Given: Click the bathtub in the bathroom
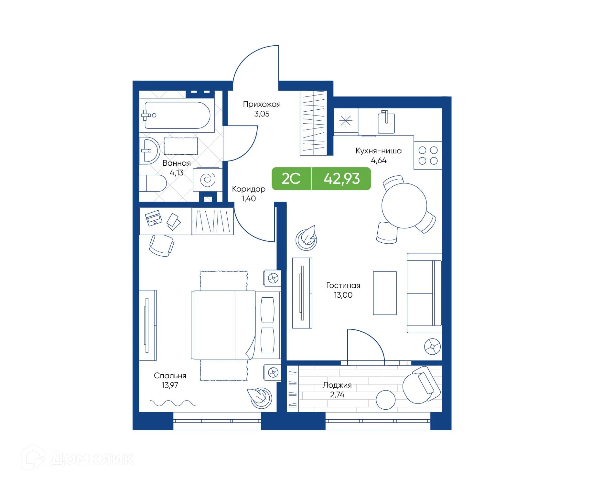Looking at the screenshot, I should pos(177,116).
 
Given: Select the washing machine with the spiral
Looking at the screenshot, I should pos(207,179).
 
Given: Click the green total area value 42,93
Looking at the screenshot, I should pos(341,179).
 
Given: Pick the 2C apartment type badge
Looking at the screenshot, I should pos(291,179).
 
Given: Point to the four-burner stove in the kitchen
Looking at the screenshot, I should pos(428,155).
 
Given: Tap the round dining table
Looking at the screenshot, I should pos(404,205).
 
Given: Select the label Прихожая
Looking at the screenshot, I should pos(262,104).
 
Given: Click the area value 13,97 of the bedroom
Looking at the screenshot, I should pos(170,385).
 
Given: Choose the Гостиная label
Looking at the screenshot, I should pos(343,285).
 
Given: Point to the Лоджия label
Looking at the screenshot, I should pos(337,385).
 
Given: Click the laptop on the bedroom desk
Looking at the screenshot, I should pos(154,218).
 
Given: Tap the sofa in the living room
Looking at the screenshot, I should pos(424,293).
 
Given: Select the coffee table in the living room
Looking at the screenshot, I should pos(384,293).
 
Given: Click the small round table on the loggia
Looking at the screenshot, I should pos(385,400).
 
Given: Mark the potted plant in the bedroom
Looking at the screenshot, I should pos(261,397).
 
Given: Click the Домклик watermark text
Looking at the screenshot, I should pos(92,459).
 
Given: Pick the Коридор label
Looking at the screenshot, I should pos(248,189).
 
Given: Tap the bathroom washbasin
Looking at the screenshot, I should pos(149,150).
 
